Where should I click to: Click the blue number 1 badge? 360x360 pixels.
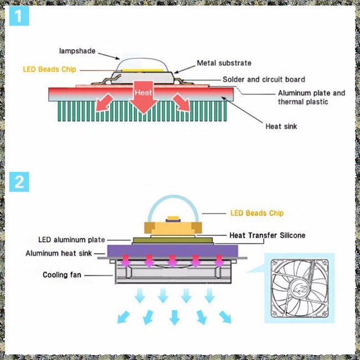(x=19, y=16)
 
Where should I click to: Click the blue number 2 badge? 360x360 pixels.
(x=19, y=182)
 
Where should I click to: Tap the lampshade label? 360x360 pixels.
(x=77, y=51)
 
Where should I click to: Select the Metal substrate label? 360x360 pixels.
(x=224, y=63)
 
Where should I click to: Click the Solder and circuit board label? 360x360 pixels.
(x=264, y=79)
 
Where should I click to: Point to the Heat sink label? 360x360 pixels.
(x=281, y=126)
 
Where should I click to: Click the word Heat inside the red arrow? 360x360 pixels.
(x=143, y=92)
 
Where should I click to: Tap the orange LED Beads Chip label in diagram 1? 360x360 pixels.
(x=49, y=69)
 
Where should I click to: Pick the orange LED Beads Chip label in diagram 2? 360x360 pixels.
(x=257, y=213)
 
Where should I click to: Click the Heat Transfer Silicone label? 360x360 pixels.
(x=268, y=235)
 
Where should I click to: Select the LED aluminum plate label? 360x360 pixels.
(x=71, y=240)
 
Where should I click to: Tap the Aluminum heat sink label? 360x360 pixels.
(x=59, y=253)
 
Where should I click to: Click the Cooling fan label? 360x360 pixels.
(x=62, y=275)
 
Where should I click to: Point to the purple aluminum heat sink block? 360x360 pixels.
(x=173, y=251)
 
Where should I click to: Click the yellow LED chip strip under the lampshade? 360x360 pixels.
(x=142, y=70)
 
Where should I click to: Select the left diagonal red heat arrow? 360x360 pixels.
(x=104, y=103)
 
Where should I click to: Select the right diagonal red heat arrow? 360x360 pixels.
(x=181, y=102)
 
